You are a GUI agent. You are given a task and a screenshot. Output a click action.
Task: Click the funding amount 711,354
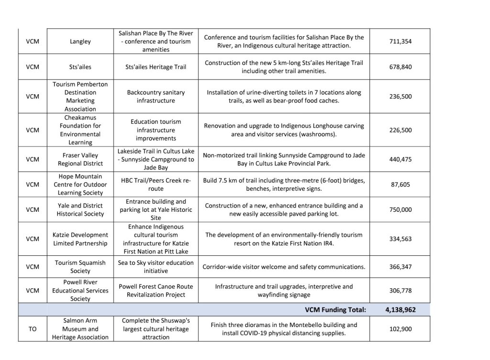coord(400,42)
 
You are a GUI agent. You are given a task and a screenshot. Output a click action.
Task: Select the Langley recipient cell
coord(80,42)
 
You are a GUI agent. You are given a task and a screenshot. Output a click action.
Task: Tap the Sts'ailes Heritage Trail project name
coord(156,67)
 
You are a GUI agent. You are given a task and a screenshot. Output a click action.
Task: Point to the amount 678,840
coord(400,67)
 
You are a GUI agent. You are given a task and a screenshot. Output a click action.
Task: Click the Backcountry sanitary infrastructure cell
coord(156,97)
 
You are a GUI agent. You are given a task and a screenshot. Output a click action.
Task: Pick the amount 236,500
coord(400,97)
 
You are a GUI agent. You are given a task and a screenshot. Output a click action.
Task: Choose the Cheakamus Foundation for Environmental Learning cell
coord(80,130)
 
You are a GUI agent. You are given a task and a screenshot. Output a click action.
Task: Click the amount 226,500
coord(400,130)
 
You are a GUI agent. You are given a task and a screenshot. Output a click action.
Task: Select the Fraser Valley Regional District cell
coord(80,160)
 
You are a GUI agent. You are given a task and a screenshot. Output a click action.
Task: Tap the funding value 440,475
coord(400,160)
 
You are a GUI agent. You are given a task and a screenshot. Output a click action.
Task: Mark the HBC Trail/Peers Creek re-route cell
coord(156,185)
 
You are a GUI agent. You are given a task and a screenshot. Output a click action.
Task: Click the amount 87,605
coord(400,185)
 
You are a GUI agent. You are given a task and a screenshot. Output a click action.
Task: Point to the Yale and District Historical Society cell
coord(80,209)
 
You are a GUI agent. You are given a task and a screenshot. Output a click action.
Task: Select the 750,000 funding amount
coord(400,209)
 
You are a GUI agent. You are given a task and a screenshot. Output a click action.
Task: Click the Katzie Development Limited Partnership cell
coord(80,239)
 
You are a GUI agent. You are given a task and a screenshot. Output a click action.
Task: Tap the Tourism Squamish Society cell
coord(80,267)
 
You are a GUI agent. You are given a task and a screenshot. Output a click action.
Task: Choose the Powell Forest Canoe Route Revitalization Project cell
coord(156,290)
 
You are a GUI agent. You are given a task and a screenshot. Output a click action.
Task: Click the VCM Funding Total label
coord(335,310)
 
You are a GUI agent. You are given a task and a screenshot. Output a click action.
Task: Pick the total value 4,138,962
coord(400,310)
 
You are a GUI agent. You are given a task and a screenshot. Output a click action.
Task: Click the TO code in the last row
coord(33,329)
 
